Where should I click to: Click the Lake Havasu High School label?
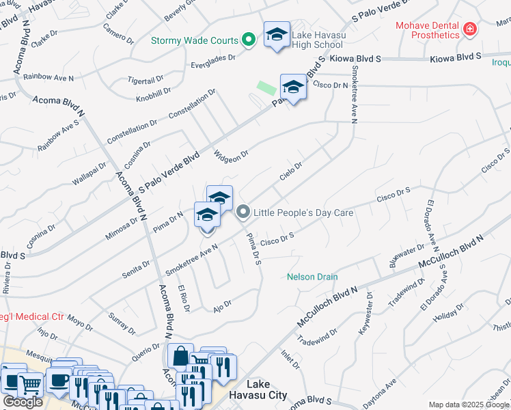(317, 40)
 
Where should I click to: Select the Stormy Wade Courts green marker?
(249, 41)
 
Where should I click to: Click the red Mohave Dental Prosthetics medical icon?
(469, 29)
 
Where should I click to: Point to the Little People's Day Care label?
(303, 213)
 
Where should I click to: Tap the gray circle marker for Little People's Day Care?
(243, 213)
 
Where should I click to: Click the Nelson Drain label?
(312, 277)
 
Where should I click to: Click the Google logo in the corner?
(23, 402)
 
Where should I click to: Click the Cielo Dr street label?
(290, 172)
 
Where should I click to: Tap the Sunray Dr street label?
(122, 322)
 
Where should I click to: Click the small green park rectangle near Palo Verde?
(266, 88)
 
